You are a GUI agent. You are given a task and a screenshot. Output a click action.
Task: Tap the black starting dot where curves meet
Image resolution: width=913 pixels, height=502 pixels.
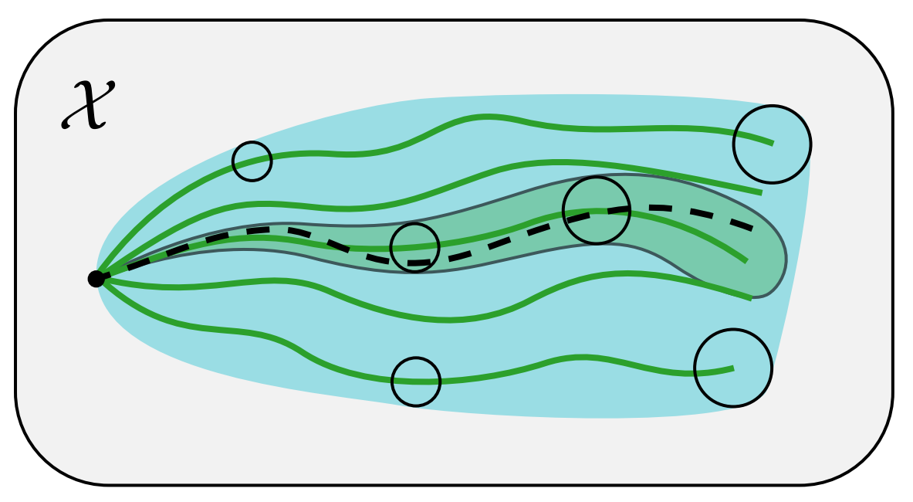coord(96,279)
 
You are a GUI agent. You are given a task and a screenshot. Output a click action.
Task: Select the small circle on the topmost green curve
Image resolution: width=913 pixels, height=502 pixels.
coord(252,161)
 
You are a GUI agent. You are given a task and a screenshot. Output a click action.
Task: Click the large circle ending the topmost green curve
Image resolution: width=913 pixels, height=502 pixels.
coord(772,144)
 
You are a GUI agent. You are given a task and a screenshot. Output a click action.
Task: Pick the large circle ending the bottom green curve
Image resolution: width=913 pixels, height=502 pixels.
coord(733,368)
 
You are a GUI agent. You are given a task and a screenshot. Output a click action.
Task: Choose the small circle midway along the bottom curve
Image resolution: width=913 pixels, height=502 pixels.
coord(416,382)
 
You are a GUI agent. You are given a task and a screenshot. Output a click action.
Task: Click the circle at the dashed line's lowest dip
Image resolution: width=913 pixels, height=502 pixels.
coord(415,248)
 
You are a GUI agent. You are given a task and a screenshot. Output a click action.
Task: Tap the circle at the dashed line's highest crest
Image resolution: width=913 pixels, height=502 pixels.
coord(597,210)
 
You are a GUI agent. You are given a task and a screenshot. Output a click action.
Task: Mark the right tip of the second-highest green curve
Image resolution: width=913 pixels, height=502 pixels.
coord(761,192)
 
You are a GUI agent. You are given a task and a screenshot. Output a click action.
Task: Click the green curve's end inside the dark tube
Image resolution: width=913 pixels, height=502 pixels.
coord(746,261)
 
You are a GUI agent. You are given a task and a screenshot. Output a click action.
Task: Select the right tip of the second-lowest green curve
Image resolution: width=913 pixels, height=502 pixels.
coord(749,298)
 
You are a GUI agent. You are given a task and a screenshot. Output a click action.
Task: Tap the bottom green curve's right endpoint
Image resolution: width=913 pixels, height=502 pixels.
coord(732,368)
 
